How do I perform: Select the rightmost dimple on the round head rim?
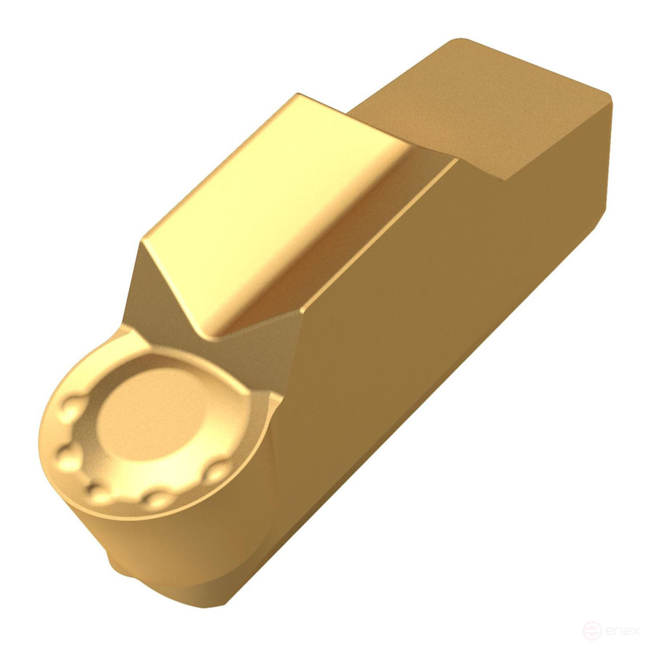[215, 475]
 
